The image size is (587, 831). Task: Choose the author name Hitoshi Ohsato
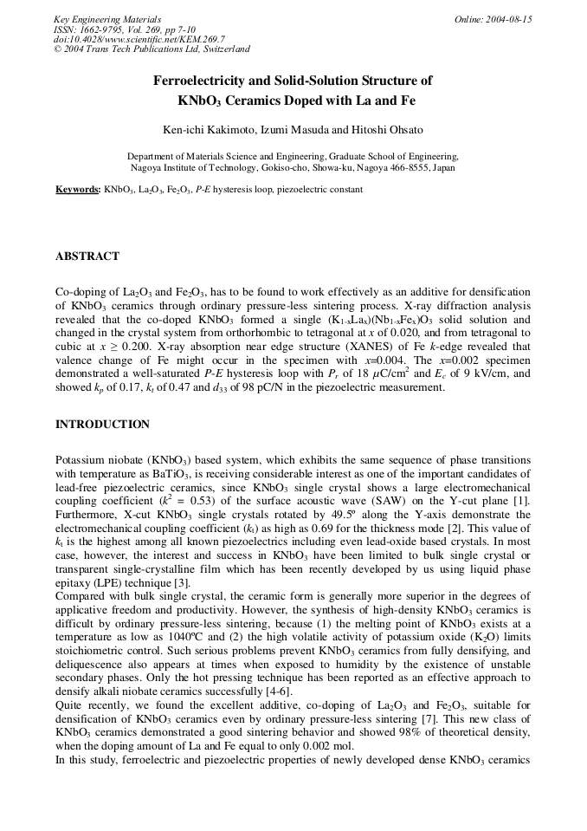coord(388,130)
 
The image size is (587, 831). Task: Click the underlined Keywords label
coord(77,189)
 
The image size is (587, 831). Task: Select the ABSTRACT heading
coord(87,256)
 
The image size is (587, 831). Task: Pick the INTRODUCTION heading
coord(102,425)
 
